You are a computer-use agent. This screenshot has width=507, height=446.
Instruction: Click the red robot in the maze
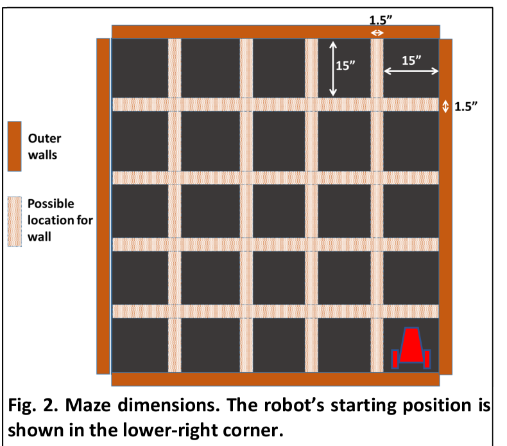pyautogui.click(x=411, y=348)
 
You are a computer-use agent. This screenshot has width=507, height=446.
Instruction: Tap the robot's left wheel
pyautogui.click(x=395, y=359)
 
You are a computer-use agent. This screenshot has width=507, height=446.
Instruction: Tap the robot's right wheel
pyautogui.click(x=427, y=359)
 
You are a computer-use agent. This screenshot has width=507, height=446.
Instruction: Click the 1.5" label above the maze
pyautogui.click(x=381, y=20)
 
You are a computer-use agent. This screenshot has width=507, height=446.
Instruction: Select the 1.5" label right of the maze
pyautogui.click(x=466, y=107)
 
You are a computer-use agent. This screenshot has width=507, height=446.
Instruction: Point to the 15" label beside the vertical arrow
pyautogui.click(x=345, y=66)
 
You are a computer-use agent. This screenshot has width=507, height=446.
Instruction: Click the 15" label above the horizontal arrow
pyautogui.click(x=411, y=60)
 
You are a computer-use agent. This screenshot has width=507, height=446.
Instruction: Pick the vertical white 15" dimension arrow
pyautogui.click(x=333, y=69)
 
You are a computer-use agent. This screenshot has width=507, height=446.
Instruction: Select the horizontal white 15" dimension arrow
pyautogui.click(x=411, y=71)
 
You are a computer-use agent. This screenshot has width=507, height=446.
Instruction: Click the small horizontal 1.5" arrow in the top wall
pyautogui.click(x=377, y=33)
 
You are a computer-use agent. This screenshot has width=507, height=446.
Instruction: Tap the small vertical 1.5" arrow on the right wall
pyautogui.click(x=445, y=106)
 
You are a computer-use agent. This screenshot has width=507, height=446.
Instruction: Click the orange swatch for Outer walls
pyautogui.click(x=15, y=147)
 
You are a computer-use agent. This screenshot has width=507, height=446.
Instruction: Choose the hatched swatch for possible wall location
pyautogui.click(x=15, y=222)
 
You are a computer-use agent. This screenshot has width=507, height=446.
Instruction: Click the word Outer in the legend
pyautogui.click(x=45, y=138)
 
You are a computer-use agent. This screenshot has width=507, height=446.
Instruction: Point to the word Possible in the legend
pyautogui.click(x=51, y=204)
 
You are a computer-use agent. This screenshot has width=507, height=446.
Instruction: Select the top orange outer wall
pyautogui.click(x=276, y=31)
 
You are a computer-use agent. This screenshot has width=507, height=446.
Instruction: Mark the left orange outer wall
pyautogui.click(x=103, y=206)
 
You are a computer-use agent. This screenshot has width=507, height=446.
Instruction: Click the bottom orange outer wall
pyautogui.click(x=275, y=379)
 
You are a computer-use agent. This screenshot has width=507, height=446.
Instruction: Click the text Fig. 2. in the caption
pyautogui.click(x=33, y=405)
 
